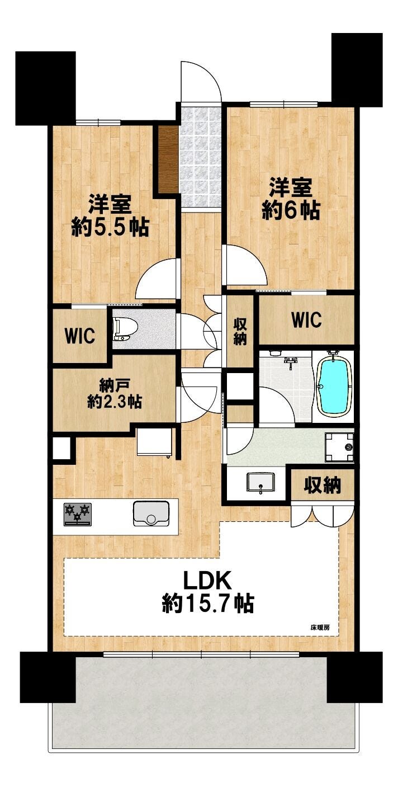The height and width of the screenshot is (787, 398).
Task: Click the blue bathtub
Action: pyautogui.click(x=334, y=386)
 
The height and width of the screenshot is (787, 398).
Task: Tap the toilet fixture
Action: pyautogui.click(x=121, y=328)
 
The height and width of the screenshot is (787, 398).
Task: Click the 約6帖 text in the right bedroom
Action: pyautogui.click(x=291, y=210)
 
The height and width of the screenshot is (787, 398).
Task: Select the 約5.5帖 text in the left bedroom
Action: pyautogui.click(x=110, y=227)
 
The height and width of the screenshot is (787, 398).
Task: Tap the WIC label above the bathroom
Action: pyautogui.click(x=306, y=320)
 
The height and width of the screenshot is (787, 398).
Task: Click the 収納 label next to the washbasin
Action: pyautogui.click(x=323, y=486)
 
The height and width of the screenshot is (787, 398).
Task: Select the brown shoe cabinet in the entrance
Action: pyautogui.click(x=168, y=159)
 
